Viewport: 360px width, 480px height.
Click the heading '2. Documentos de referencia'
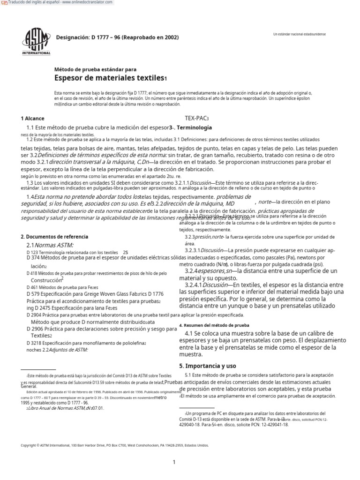[54, 237]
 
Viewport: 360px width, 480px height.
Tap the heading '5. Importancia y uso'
[208, 365]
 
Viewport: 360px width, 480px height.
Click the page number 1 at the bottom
[174, 462]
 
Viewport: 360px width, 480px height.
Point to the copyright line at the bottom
[115, 445]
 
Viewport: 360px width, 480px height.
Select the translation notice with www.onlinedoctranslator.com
[59, 3]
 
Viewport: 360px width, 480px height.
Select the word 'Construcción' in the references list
[47, 280]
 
